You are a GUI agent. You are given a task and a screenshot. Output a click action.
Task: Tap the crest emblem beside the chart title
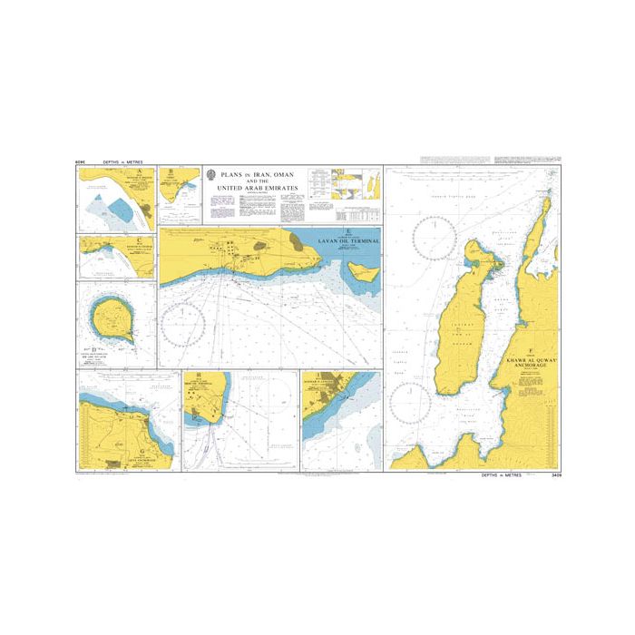(211, 176)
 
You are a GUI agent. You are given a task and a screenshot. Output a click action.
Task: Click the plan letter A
(139, 171)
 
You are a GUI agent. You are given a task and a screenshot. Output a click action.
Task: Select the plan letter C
(137, 239)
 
